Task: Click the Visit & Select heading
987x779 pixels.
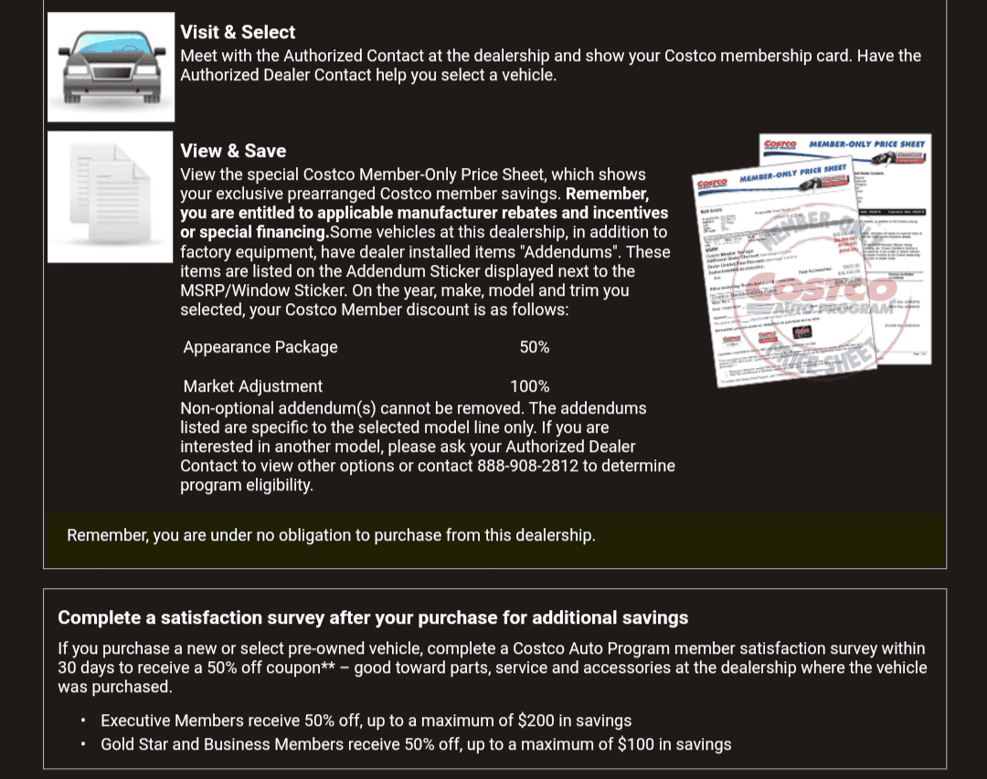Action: (x=238, y=32)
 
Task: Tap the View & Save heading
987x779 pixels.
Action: (x=233, y=151)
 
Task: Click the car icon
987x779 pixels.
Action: (x=111, y=67)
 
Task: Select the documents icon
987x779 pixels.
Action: (x=111, y=196)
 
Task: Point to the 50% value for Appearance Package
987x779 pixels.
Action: (x=535, y=347)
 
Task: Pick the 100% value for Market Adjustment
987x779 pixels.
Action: (x=530, y=386)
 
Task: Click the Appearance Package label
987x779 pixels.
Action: (x=260, y=347)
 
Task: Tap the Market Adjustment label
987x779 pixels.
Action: (x=253, y=386)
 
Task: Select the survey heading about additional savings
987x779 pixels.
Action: (x=373, y=617)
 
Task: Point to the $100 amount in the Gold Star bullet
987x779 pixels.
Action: (x=637, y=744)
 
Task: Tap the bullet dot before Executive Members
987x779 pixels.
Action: (x=82, y=721)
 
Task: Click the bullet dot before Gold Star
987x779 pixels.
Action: (x=82, y=744)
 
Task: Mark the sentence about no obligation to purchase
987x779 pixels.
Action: (x=331, y=535)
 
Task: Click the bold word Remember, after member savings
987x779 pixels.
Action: (x=607, y=194)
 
